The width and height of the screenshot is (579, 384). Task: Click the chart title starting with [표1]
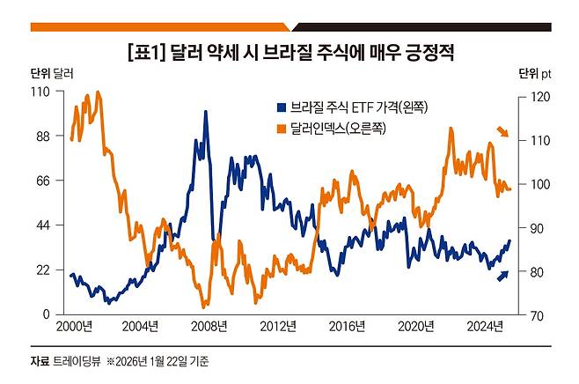coord(290,53)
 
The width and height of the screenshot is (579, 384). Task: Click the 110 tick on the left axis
coord(40,92)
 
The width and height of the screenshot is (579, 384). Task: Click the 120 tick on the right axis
coord(532,96)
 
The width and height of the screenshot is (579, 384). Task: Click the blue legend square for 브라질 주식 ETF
coord(280,108)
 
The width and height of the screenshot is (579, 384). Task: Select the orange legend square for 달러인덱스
coord(280,129)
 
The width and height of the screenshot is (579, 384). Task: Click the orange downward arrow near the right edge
coord(502,132)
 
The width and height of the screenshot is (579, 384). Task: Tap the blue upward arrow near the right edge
coord(503,276)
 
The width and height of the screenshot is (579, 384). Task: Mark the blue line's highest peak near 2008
coord(206,112)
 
